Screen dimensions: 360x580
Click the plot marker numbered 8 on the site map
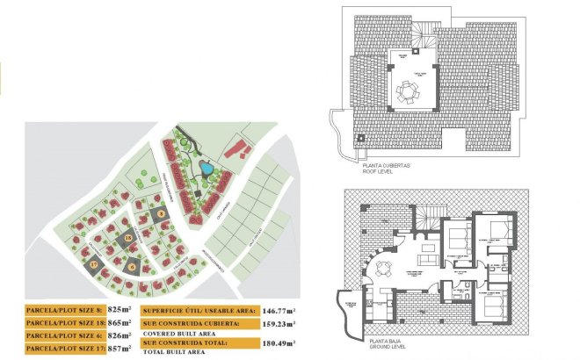[x=162, y=213]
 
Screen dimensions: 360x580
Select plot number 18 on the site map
[x=128, y=238]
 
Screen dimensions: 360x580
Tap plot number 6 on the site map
[x=133, y=267]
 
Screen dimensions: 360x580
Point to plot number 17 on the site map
[x=94, y=263]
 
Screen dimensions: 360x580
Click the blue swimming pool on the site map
[x=205, y=167]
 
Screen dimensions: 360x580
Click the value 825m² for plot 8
[x=120, y=309]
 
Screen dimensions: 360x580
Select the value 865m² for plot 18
[x=120, y=322]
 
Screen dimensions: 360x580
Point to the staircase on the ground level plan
[x=429, y=214]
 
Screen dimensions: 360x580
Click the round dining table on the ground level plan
[x=380, y=265]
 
